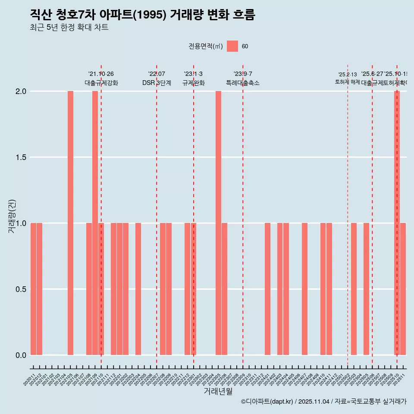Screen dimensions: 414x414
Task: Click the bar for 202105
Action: (x=70, y=223)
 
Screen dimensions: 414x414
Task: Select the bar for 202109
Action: (x=95, y=223)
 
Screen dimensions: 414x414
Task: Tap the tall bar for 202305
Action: (x=218, y=223)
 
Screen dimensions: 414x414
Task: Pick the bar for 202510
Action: (x=397, y=223)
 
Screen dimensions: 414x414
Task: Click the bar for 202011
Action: (x=33, y=289)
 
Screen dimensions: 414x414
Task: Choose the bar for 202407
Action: (x=304, y=289)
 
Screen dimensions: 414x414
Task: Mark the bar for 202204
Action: (x=138, y=289)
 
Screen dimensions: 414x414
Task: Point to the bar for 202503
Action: (x=354, y=289)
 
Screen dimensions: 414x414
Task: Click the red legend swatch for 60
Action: (x=232, y=46)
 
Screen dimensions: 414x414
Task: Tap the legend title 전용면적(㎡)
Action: (x=205, y=47)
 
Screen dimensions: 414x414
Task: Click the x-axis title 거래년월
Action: (x=218, y=392)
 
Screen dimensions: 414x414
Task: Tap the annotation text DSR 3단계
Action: (x=157, y=83)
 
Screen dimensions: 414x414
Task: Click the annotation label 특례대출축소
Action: (x=243, y=83)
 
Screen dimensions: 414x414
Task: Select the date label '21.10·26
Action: (x=101, y=74)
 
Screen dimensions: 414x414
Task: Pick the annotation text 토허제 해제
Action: (x=347, y=82)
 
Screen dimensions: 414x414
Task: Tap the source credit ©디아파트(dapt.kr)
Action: (x=267, y=401)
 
